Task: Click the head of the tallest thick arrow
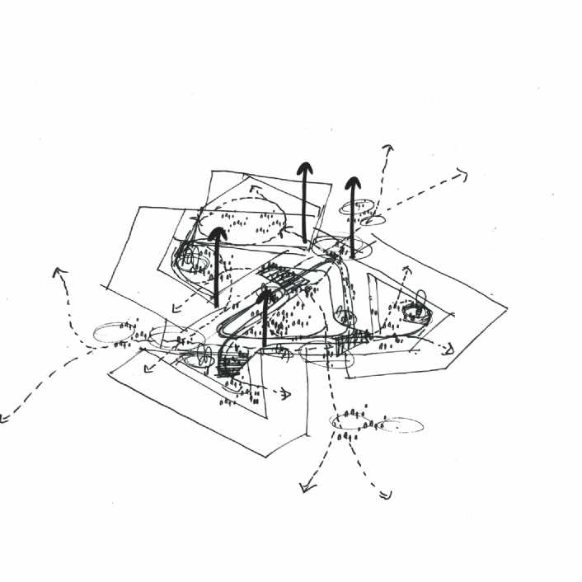[x=305, y=167]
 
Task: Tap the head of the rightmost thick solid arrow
[x=353, y=181]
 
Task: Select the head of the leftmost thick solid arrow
[x=217, y=233]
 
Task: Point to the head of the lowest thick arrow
[x=265, y=294]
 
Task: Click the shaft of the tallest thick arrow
[x=305, y=206]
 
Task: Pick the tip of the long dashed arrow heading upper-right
[x=462, y=174]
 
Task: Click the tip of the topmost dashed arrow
[x=387, y=149]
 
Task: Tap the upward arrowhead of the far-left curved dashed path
[x=58, y=272]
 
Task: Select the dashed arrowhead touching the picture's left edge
[x=5, y=419]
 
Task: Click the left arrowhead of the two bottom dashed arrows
[x=307, y=489]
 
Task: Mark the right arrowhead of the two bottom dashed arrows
[x=384, y=494]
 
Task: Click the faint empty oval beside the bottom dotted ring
[x=401, y=425]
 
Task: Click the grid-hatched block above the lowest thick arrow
[x=284, y=279]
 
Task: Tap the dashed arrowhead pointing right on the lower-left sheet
[x=286, y=394]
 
